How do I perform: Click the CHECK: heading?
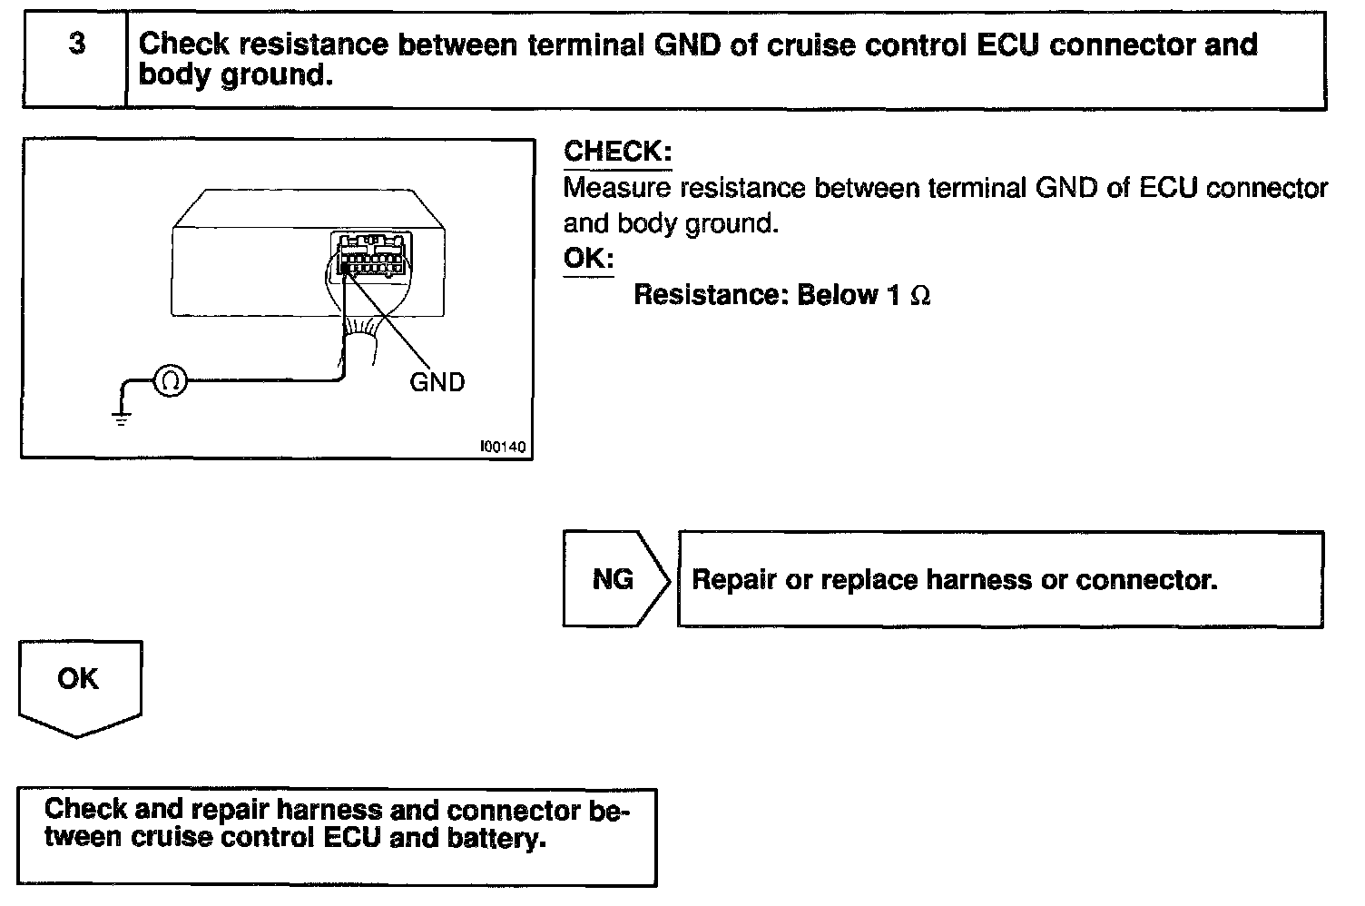pos(617,152)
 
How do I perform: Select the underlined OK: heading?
pos(588,259)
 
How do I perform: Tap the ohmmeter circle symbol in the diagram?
pos(170,380)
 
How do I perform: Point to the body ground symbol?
pos(120,417)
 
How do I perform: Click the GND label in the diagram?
pos(437,382)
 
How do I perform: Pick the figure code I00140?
pos(503,447)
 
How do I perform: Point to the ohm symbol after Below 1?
pos(920,296)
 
